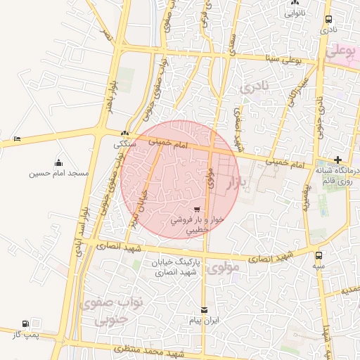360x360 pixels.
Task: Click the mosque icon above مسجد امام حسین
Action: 58,163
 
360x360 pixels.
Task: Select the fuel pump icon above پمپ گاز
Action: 26,324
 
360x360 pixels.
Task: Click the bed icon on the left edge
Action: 17,139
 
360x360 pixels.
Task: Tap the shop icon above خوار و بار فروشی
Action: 197,209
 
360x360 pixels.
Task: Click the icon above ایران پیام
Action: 205,310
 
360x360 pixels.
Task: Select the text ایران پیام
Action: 205,320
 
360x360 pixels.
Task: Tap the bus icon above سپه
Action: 319,256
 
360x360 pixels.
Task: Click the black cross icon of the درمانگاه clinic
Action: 338,160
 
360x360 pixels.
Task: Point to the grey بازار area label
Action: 233,184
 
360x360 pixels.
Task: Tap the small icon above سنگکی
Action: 124,133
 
